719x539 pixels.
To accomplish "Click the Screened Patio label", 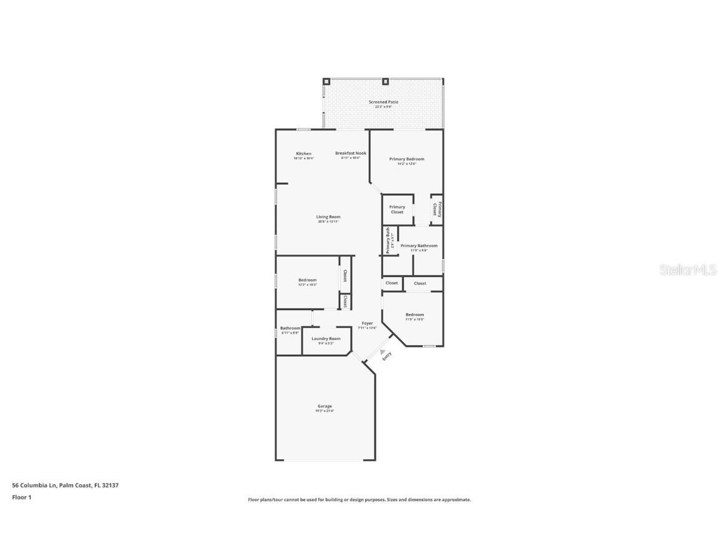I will click(383, 102).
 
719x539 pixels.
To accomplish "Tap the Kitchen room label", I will click(303, 153).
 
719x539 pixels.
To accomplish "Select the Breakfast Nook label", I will click(350, 153).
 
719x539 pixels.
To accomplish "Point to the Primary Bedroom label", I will click(406, 159).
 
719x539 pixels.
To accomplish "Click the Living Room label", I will click(328, 217).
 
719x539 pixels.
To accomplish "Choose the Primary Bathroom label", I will click(419, 246).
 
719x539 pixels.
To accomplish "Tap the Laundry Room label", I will click(326, 339).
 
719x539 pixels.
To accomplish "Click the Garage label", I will click(325, 406).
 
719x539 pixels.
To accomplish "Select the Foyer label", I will click(367, 323).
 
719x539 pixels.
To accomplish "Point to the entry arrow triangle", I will click(383, 352).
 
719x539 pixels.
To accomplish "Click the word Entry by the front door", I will click(387, 356).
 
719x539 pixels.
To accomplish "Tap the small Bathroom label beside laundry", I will click(290, 328).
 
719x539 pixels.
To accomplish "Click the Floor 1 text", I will click(21, 497).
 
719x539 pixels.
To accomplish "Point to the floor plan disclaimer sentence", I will click(359, 500).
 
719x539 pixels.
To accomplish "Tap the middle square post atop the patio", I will click(386, 81).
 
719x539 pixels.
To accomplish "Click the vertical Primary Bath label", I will click(388, 240).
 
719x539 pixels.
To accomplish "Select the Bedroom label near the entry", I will click(414, 315).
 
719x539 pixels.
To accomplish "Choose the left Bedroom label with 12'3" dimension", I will click(307, 280).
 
